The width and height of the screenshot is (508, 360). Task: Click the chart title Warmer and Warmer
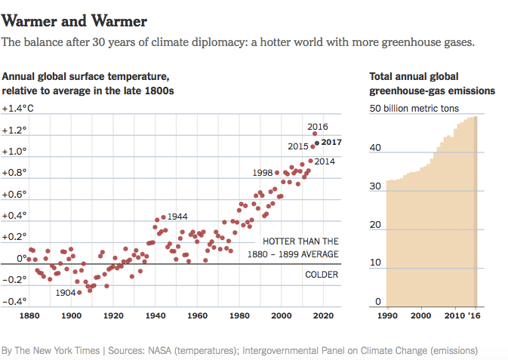coord(75,20)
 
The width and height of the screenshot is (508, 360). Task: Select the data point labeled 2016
coord(315,134)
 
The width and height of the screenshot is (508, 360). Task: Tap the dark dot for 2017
coord(317,142)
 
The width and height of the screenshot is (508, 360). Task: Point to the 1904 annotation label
coord(66,292)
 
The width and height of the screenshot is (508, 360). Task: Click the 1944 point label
coord(177,217)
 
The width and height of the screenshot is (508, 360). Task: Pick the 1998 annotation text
coord(263,173)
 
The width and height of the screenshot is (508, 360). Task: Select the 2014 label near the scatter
coord(325,161)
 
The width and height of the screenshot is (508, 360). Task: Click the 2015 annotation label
coord(298,146)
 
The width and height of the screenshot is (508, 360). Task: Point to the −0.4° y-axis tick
coord(14,302)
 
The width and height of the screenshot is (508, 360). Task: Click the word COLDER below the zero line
coord(322,274)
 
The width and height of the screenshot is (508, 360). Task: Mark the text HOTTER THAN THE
coord(300,242)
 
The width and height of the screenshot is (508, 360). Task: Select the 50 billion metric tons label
coord(414,109)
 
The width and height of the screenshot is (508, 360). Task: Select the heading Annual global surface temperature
coord(85,77)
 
